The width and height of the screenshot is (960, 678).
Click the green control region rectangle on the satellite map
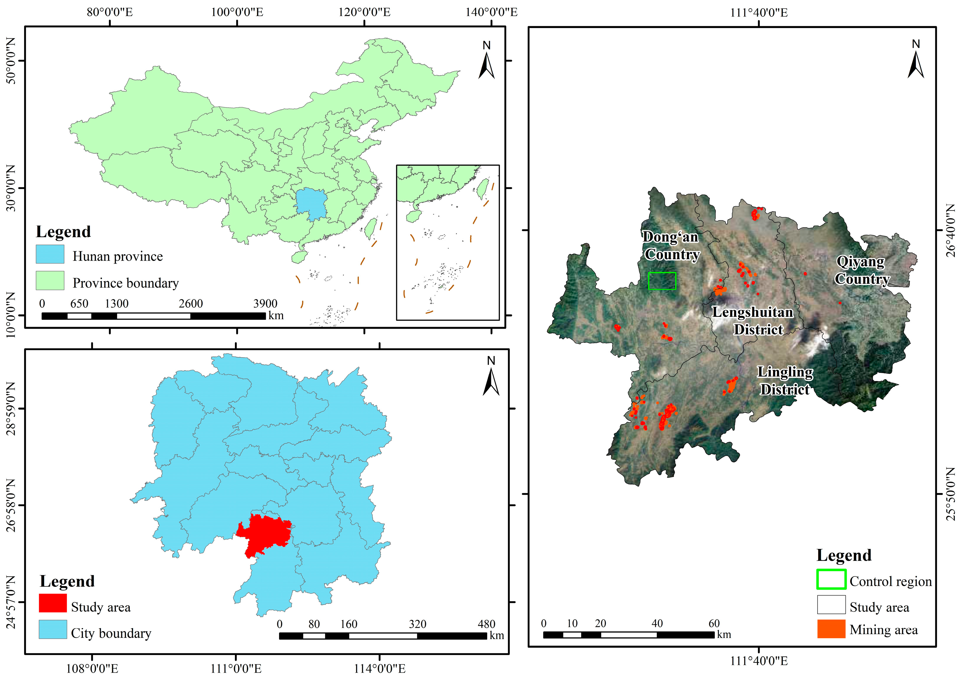pos(662,281)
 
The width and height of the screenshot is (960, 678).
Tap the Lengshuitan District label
pos(753,321)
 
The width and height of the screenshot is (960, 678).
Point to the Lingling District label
pos(785,381)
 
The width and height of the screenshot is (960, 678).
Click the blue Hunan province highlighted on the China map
pos(311,204)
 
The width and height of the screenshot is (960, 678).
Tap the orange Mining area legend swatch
pos(831,629)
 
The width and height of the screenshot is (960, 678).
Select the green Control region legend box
pos(831,579)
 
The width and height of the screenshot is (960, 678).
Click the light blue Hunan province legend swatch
pos(50,254)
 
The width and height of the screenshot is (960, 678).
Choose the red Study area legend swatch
pos(53,603)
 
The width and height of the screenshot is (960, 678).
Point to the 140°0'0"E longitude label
pos(491,12)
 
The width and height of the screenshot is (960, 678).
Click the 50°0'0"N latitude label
pos(11,61)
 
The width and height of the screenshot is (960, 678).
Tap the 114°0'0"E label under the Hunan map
pos(380,668)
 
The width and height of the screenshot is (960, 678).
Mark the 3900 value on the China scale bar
pos(265,303)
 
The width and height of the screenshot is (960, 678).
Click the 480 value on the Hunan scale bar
pos(486,624)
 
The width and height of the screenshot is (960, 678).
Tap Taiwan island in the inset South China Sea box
pos(483,188)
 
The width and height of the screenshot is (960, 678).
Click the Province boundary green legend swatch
pos(50,281)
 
